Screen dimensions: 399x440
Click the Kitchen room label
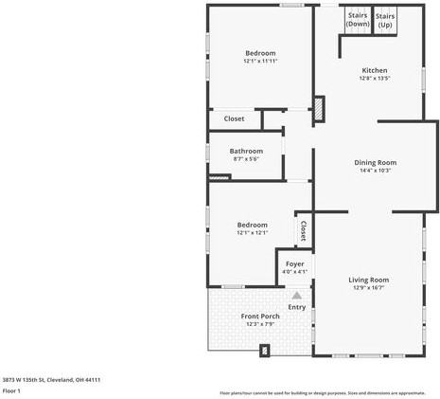coord(375,70)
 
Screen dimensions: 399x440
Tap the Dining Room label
coord(375,162)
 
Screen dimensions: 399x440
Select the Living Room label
coord(368,279)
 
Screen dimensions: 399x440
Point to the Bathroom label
coord(246,151)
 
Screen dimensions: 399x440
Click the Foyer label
coord(293,263)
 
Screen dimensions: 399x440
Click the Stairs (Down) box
coord(358,19)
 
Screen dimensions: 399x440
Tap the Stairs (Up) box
coord(385,20)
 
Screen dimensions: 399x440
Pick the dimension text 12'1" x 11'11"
coord(260,62)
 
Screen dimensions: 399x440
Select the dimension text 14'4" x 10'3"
coord(375,171)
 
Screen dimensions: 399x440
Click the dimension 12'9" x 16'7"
coord(368,288)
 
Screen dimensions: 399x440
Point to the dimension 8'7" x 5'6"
coord(246,159)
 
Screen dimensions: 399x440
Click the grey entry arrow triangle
coord(296,295)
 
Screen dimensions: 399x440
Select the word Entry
coord(296,306)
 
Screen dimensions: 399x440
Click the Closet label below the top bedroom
coord(234,118)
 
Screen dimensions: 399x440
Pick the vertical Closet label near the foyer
coord(304,231)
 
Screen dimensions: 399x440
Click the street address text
coord(51,379)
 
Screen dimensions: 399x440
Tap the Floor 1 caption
coord(11,390)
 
